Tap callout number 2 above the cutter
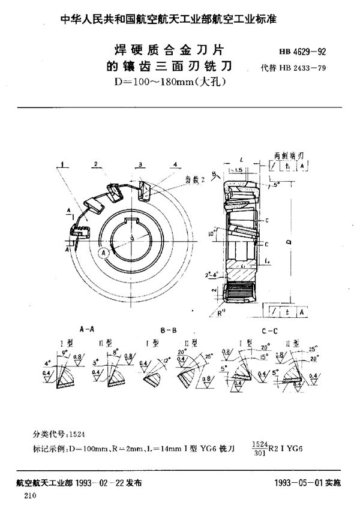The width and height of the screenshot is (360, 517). (x=95, y=163)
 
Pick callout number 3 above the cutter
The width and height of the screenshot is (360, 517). (x=139, y=163)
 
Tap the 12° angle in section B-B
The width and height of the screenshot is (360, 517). (x=166, y=362)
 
